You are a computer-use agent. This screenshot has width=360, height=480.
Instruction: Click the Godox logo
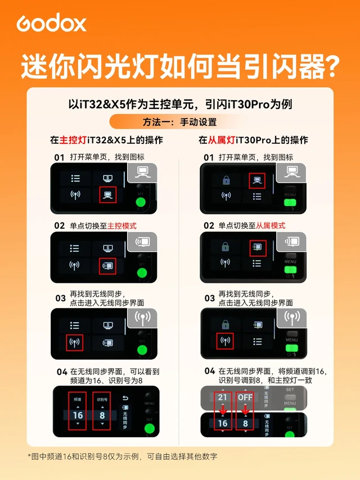pos(51,23)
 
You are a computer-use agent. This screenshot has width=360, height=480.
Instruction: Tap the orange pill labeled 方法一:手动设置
pos(179,122)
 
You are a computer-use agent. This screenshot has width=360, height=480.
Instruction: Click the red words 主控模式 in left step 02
pos(122,225)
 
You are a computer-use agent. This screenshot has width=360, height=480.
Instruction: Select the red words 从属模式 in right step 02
pos(271,225)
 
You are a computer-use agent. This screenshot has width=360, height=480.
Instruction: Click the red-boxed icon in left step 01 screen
pos(107,195)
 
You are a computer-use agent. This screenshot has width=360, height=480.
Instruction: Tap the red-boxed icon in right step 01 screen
pos(257,180)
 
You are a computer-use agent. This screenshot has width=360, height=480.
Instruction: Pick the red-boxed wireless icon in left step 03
pos(74,342)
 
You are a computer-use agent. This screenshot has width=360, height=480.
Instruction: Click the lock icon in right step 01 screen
pos(226,180)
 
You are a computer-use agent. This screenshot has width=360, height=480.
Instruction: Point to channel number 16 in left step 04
pos(78,415)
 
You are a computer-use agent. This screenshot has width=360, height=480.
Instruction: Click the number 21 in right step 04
pos(223,397)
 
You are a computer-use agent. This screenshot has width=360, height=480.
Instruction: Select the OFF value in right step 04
pos(245,397)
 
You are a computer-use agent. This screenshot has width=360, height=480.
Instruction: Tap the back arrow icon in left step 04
pos(125,399)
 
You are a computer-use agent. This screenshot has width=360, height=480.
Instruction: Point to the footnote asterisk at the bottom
pos(30,456)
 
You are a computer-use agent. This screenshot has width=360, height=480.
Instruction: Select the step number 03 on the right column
pos(209,298)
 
